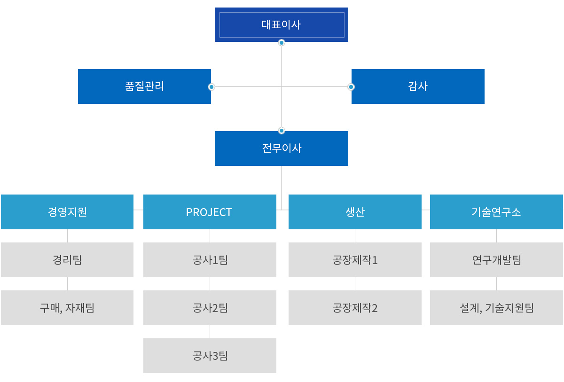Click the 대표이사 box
click(x=282, y=24)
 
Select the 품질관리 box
click(x=144, y=86)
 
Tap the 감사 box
click(x=418, y=86)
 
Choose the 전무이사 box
click(x=282, y=148)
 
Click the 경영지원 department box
click(x=67, y=212)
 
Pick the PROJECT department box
click(x=210, y=212)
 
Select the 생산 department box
click(x=355, y=212)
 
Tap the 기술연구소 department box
click(x=496, y=212)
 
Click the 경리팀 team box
click(x=67, y=260)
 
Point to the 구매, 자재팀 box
click(x=67, y=308)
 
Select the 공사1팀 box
click(x=210, y=260)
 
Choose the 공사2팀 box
click(x=210, y=308)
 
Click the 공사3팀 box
click(x=210, y=356)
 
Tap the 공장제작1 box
click(x=355, y=260)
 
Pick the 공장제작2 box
click(x=355, y=308)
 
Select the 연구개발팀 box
click(x=496, y=260)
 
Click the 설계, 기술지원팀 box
click(x=496, y=308)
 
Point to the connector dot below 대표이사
click(x=282, y=43)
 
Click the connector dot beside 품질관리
click(x=211, y=87)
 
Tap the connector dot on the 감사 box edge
click(x=351, y=87)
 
